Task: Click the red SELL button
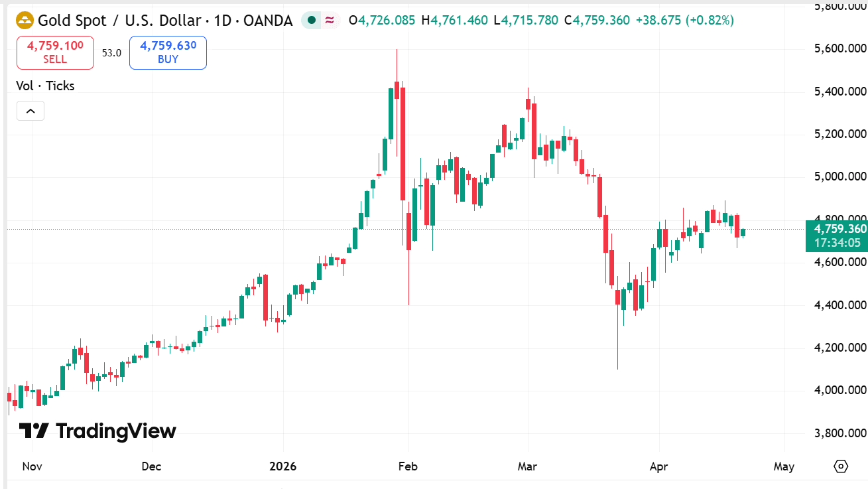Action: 55,52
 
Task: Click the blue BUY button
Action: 168,52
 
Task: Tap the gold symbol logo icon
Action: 25,21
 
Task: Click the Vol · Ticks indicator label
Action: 45,86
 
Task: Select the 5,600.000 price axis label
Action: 839,48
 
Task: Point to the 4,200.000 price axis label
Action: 839,348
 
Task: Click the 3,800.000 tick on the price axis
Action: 839,433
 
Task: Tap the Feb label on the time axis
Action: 408,466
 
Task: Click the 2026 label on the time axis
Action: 283,466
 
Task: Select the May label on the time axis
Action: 784,466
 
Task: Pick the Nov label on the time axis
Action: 32,466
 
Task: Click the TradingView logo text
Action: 97,431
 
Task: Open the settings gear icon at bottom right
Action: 841,466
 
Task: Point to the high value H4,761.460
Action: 458,21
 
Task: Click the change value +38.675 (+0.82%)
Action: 684,21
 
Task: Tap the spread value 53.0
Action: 111,53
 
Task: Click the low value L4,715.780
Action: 526,21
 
